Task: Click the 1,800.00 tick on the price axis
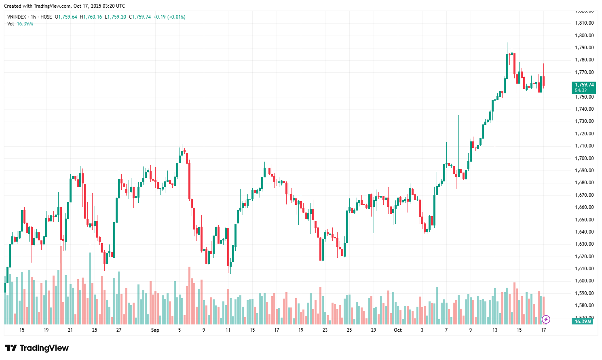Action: tap(584, 35)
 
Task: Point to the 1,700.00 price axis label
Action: tap(584, 158)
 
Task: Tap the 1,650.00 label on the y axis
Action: tap(584, 219)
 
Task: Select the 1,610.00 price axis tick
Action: tap(584, 269)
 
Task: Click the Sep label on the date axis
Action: tap(155, 330)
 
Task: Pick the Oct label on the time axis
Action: tap(398, 330)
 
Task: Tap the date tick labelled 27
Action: tap(119, 330)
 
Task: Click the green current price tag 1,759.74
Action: tap(584, 85)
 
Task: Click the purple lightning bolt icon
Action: tap(546, 320)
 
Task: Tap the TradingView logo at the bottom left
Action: tap(37, 348)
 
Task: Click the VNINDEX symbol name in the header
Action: tap(17, 17)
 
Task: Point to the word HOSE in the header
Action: tap(46, 17)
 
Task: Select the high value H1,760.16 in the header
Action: tap(91, 17)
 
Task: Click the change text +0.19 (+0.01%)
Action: tap(169, 17)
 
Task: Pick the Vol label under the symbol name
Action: tap(11, 24)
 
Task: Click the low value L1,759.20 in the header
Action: tap(115, 17)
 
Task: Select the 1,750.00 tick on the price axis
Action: tap(584, 97)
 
